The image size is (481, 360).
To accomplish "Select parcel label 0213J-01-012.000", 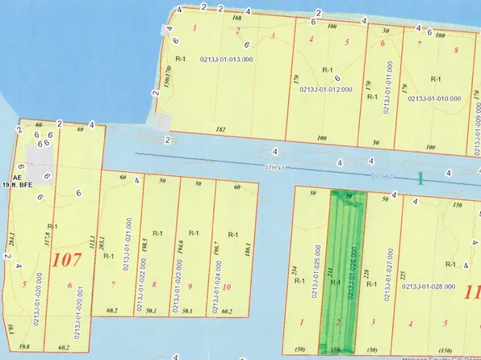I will coord(328,90).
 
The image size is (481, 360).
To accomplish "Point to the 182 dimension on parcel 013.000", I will coord(221,129).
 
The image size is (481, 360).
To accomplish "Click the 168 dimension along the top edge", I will coord(236,17).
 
